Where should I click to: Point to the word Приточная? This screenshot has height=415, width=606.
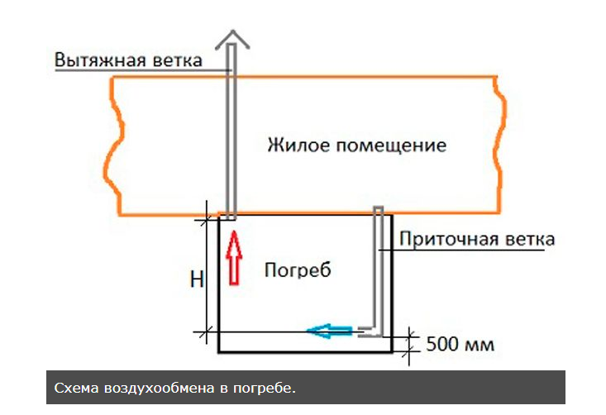(x=450, y=240)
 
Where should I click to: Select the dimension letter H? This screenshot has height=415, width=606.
(x=196, y=280)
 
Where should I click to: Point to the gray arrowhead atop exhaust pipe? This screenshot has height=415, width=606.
(x=234, y=37)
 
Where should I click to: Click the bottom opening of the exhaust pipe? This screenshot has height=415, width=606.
(x=231, y=217)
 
